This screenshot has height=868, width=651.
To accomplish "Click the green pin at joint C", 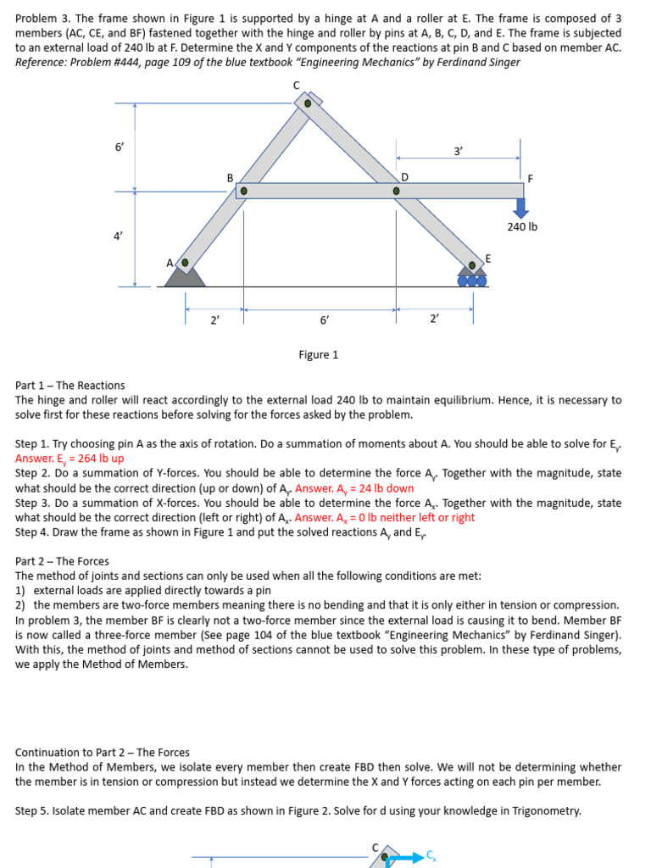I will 308,103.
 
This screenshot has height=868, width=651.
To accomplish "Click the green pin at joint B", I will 243,192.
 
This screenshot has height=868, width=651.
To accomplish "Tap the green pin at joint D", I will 396,192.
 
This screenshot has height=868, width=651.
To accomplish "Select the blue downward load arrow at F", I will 520,209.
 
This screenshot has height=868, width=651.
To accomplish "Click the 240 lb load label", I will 522,227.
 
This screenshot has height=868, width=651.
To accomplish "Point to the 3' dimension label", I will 458,151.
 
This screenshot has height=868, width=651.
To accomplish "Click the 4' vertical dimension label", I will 118,236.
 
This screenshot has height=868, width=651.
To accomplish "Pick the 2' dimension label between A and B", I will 214,320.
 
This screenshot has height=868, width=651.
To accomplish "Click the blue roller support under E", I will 472,279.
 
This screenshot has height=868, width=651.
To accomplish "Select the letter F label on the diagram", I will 530,179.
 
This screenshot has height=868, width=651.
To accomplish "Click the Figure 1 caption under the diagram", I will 318,354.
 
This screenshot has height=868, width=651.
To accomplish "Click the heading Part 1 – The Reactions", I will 70,385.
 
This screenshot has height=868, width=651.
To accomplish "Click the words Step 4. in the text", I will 32,532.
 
